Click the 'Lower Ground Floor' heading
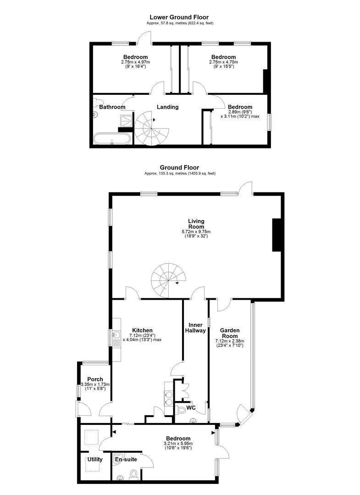pyautogui.click(x=179, y=17)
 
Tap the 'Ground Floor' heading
pyautogui.click(x=179, y=168)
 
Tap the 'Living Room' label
pyautogui.click(x=196, y=224)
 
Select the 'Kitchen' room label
pyautogui.click(x=142, y=330)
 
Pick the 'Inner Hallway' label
pyautogui.click(x=194, y=328)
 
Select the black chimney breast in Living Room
pyautogui.click(x=277, y=235)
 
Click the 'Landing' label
pyautogui.click(x=167, y=107)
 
